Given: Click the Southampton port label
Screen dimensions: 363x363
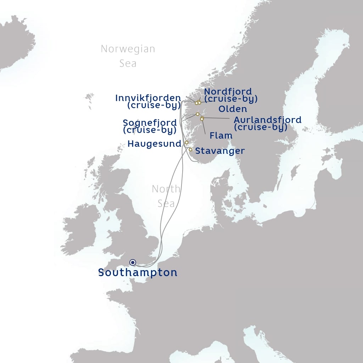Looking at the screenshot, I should (x=138, y=273).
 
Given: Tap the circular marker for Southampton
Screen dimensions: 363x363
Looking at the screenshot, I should (x=133, y=262).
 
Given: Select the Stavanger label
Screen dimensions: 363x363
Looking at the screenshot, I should (x=220, y=151).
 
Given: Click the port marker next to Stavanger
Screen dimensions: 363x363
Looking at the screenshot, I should (x=190, y=150).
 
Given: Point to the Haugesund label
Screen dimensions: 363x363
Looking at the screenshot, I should (x=154, y=144).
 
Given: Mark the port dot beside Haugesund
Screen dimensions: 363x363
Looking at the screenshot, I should (x=186, y=143).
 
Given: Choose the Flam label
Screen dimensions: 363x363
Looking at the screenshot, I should (x=221, y=135).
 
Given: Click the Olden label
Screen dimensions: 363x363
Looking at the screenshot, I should (x=233, y=109).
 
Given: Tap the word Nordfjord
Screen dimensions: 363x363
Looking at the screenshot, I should (x=228, y=91).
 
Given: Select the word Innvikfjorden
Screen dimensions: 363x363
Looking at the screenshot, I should (x=148, y=98).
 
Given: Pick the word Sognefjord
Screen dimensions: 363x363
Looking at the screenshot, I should (x=150, y=123).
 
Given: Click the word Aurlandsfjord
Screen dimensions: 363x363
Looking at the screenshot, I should (x=267, y=120).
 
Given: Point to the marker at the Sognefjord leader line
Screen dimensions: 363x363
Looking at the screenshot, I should (x=197, y=114).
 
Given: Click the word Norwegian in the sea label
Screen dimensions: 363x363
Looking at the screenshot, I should (x=128, y=49).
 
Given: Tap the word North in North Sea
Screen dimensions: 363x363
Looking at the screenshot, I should (x=166, y=189).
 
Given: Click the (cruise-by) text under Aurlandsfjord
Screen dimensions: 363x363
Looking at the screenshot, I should (x=261, y=127).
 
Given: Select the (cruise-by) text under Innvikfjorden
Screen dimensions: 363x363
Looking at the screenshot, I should (x=154, y=105).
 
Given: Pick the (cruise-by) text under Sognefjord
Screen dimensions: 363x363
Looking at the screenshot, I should (x=150, y=130).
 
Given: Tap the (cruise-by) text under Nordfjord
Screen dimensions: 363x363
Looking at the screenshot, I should (x=231, y=98).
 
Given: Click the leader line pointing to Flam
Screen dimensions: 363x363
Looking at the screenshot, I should (x=204, y=127).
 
